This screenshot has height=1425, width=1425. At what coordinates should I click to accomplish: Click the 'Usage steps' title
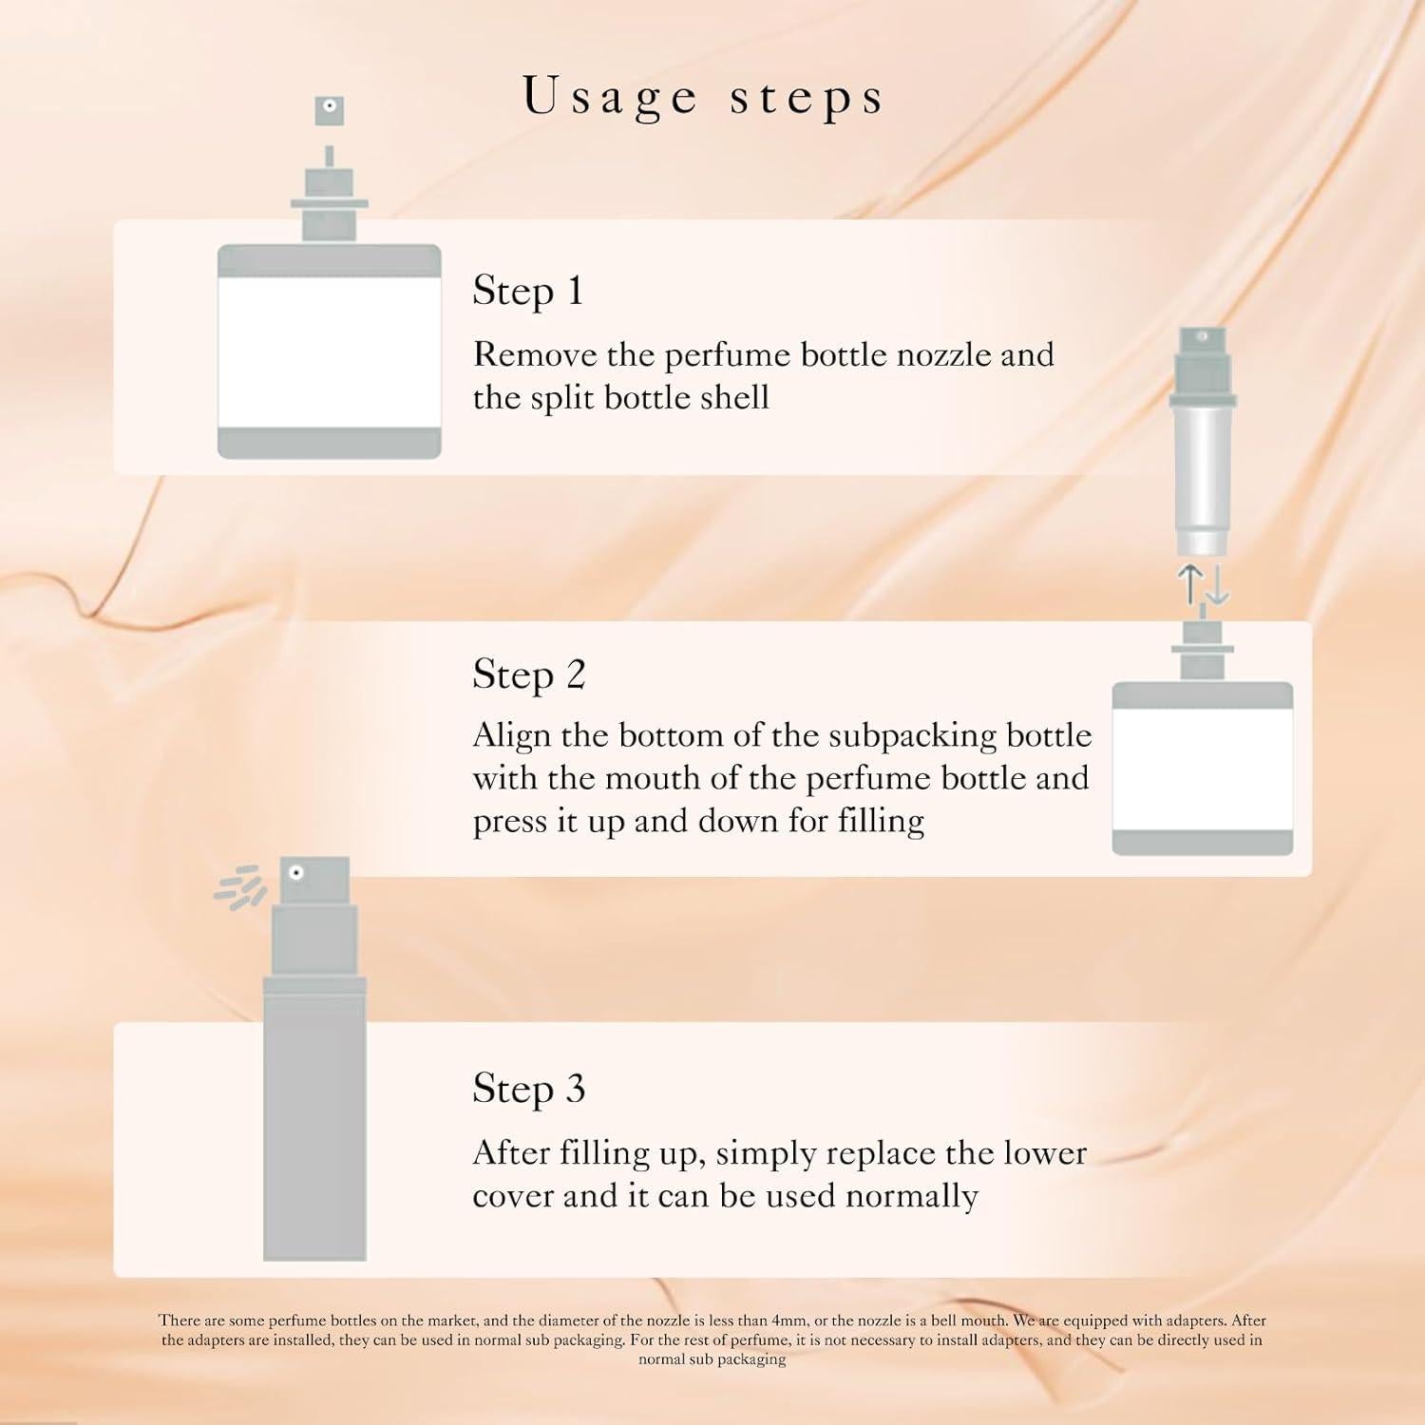pyautogui.click(x=703, y=97)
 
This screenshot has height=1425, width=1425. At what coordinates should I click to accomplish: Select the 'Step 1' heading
pyautogui.click(x=527, y=291)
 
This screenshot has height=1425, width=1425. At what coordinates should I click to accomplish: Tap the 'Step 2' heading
pyautogui.click(x=528, y=674)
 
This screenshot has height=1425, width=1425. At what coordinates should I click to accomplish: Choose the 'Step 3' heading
pyautogui.click(x=528, y=1089)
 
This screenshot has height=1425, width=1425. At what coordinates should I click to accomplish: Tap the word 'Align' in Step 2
pyautogui.click(x=512, y=735)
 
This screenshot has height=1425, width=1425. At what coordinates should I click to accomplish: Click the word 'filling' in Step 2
pyautogui.click(x=881, y=821)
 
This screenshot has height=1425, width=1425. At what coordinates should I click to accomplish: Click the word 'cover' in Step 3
pyautogui.click(x=513, y=1196)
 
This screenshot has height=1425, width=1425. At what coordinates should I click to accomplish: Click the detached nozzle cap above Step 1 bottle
pyautogui.click(x=329, y=110)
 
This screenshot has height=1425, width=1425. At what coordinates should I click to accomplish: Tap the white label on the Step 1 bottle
pyautogui.click(x=329, y=351)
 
